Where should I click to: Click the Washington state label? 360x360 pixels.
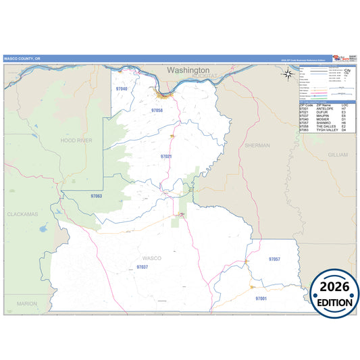[x=188, y=70]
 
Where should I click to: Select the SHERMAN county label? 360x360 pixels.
[x=257, y=145]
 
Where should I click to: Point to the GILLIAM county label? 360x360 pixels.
[x=337, y=155]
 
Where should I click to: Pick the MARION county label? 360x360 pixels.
[x=26, y=303]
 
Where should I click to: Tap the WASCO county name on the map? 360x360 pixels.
[x=152, y=258]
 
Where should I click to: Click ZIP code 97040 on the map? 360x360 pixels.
[x=122, y=88]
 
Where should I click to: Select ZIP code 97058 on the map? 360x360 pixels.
[x=157, y=110]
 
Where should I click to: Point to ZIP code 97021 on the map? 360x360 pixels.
[x=166, y=156]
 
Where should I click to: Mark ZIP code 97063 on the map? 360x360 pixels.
[x=96, y=196]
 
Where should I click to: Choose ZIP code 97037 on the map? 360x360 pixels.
[x=142, y=267]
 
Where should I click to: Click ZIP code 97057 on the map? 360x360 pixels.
[x=274, y=259]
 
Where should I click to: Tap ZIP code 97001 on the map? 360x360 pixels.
[x=261, y=298]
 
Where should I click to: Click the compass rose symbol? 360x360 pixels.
[x=289, y=74]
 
